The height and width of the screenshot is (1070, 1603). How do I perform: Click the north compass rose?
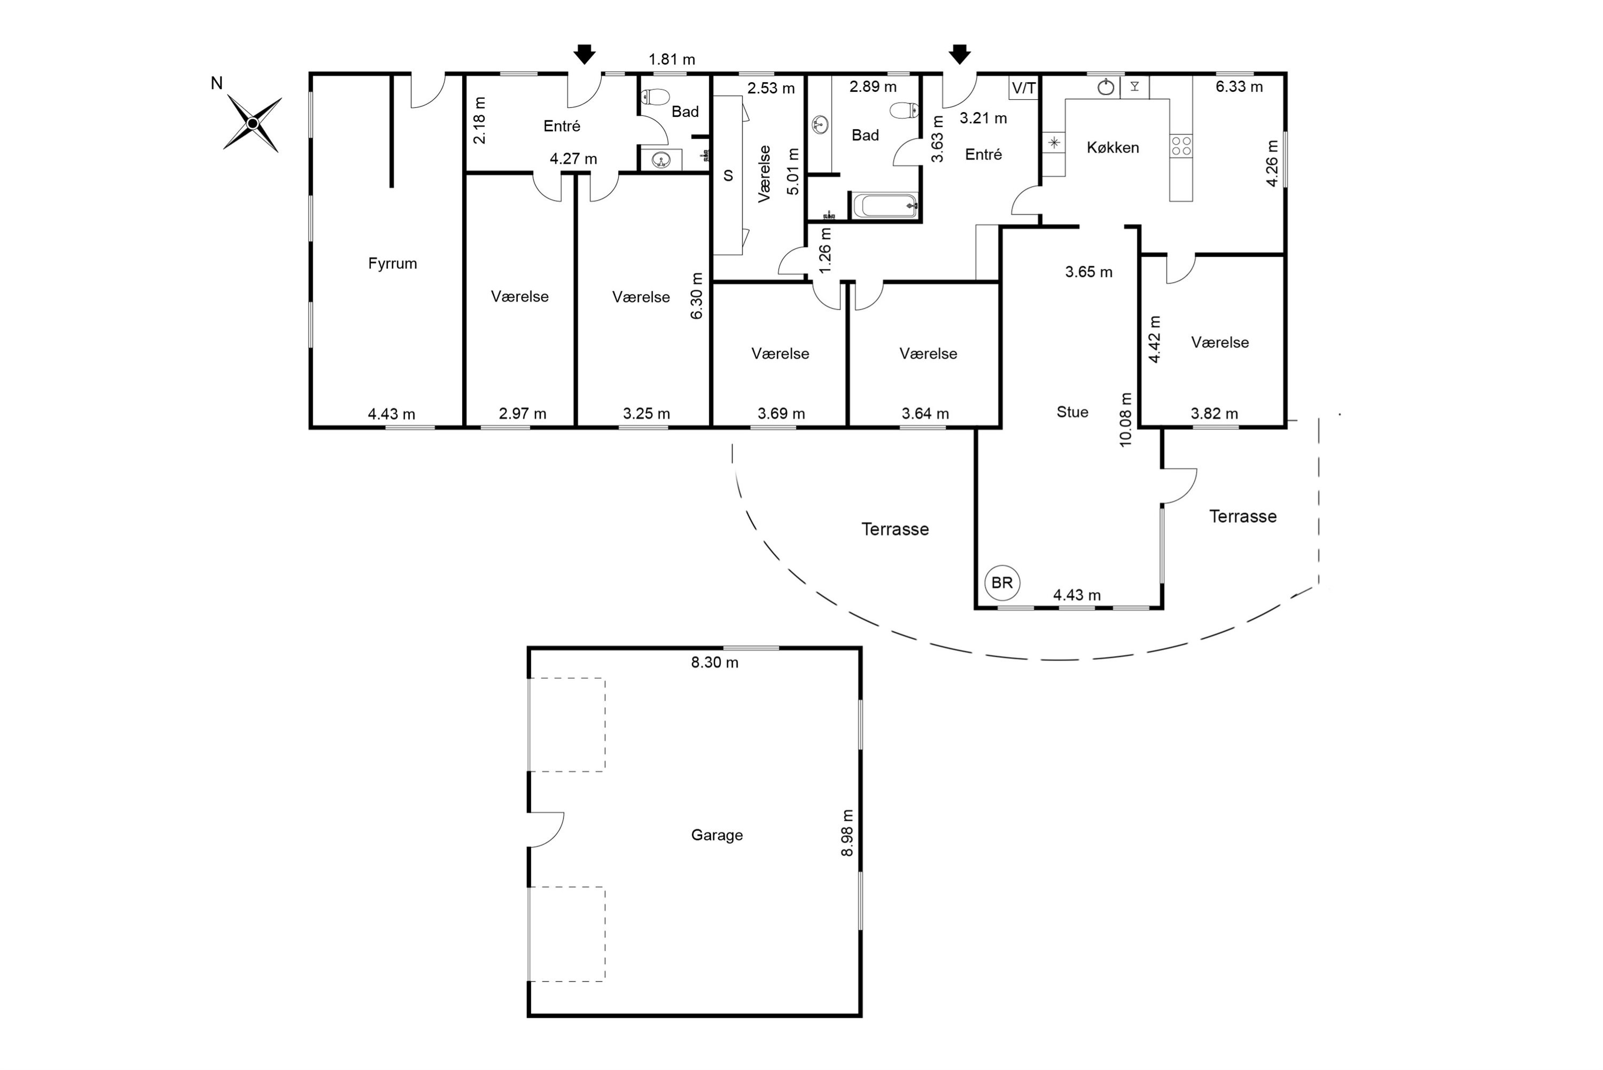tap(253, 123)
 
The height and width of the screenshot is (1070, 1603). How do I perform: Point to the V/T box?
tap(1023, 88)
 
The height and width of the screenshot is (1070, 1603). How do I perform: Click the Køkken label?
tap(1113, 147)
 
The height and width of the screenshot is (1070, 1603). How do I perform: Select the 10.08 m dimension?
tap(1126, 420)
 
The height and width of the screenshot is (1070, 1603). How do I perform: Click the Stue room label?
tap(1072, 412)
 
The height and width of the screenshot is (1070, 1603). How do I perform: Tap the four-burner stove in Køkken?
tap(1181, 145)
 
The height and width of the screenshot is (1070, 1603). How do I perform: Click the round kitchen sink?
tap(1106, 86)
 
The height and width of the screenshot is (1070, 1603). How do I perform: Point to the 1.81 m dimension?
tap(672, 60)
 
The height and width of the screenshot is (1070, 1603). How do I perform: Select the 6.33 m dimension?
tap(1239, 86)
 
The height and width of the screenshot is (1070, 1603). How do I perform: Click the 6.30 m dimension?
tap(696, 296)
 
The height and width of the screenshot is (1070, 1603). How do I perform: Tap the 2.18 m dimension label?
tap(480, 120)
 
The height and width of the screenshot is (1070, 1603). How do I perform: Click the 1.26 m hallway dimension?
tap(824, 250)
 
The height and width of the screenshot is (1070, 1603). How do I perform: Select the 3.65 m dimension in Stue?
tap(1089, 272)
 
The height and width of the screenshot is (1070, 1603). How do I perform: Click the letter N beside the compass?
tap(216, 83)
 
